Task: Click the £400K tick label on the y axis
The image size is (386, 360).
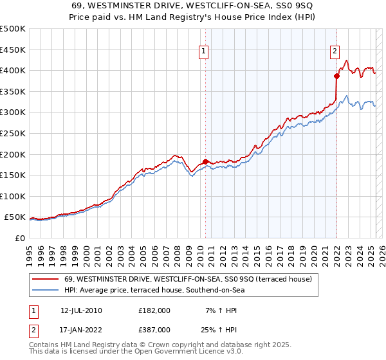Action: [x=13, y=70]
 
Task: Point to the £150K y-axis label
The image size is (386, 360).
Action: [x=13, y=175]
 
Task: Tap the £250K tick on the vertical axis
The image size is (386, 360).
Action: [x=13, y=133]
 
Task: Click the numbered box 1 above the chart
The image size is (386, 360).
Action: [x=203, y=52]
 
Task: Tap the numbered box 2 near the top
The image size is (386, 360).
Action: [x=335, y=52]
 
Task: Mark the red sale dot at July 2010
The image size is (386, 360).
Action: [x=205, y=161]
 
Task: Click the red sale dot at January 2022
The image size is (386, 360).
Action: [x=336, y=76]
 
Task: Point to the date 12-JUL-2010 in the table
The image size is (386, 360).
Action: [x=81, y=310]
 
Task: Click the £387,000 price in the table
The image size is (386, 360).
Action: [x=154, y=330]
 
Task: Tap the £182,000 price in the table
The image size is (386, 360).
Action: [x=154, y=310]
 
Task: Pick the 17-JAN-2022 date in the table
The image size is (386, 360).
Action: [x=81, y=330]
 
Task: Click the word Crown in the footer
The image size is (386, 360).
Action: [x=151, y=345]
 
